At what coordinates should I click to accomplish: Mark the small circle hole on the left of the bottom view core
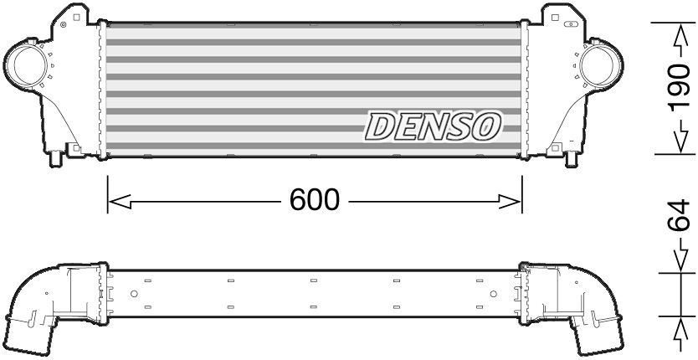[133, 294]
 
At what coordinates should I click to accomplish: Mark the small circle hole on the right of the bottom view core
[495, 294]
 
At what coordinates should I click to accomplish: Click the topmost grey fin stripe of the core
[315, 28]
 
